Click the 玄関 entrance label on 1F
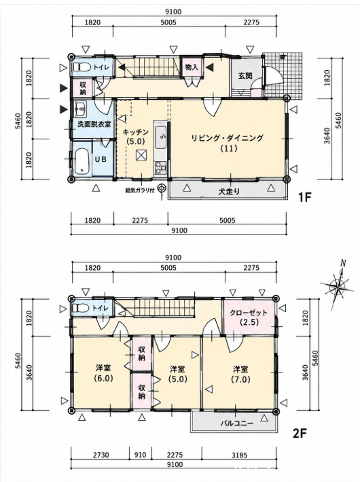coord(245,75)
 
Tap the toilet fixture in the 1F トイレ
coord(82,67)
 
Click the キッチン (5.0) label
coord(135,137)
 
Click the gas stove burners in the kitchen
coord(161,168)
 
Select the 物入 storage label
coord(192,67)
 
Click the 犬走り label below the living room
coord(229,192)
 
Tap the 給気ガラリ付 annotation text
coord(140,190)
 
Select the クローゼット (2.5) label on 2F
coord(249,317)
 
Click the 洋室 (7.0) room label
coord(240,374)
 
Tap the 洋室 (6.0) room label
coord(103,373)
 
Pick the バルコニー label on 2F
coord(237,424)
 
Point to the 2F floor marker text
coord(300,434)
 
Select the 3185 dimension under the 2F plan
coord(239,455)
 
